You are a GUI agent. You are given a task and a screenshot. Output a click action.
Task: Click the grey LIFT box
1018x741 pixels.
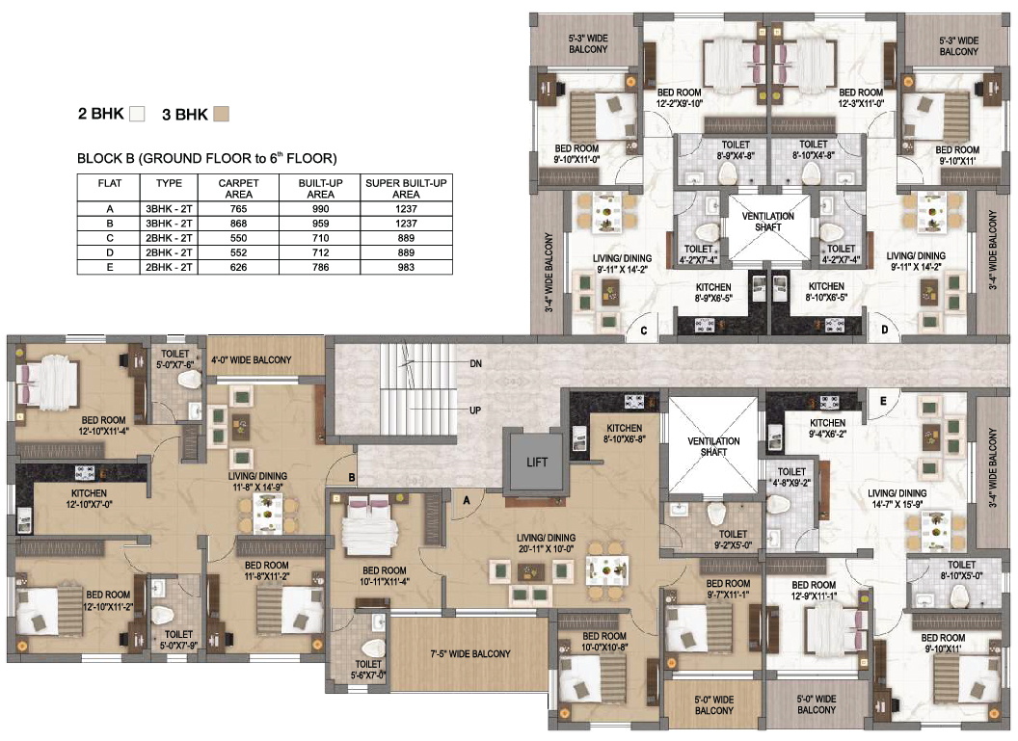537,462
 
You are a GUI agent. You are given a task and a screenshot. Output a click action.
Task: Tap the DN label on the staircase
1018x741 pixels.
475,364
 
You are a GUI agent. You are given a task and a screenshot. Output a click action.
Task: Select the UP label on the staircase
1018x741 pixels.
475,410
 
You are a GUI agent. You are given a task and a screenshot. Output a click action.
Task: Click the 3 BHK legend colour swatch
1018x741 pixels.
222,114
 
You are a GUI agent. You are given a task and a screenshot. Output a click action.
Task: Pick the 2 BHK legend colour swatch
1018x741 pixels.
137,114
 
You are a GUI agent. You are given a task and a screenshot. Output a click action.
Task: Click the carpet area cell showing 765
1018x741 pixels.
238,208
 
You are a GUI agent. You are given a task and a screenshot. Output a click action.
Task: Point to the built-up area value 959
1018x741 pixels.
319,223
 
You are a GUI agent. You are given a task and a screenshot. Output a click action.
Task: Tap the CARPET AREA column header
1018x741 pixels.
238,188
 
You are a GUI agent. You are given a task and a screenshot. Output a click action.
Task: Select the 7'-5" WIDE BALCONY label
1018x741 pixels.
470,654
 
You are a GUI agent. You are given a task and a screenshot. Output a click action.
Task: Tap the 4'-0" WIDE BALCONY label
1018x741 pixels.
251,360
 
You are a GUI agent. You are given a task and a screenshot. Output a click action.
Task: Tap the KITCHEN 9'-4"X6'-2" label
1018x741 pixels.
827,429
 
